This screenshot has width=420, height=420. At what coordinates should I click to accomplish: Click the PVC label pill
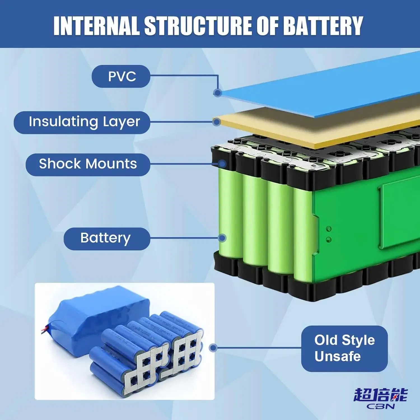click(121, 76)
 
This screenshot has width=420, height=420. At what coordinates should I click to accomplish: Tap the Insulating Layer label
click(82, 122)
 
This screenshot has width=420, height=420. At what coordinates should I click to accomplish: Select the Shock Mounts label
click(88, 164)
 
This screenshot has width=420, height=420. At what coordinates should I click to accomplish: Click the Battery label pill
click(107, 239)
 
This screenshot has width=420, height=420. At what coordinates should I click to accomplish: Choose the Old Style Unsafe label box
click(344, 349)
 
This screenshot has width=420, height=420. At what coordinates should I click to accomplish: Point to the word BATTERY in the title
click(323, 26)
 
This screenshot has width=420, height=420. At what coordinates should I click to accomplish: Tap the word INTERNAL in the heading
click(97, 26)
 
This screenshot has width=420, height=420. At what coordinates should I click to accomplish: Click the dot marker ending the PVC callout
click(218, 93)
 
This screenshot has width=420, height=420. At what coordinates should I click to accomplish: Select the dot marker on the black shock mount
click(222, 164)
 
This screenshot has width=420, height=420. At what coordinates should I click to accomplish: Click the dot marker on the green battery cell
click(222, 238)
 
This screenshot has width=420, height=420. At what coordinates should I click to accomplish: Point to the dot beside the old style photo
click(213, 348)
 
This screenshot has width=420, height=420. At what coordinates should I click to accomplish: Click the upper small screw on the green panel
click(329, 229)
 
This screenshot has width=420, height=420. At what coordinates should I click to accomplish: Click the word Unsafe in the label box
click(337, 356)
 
